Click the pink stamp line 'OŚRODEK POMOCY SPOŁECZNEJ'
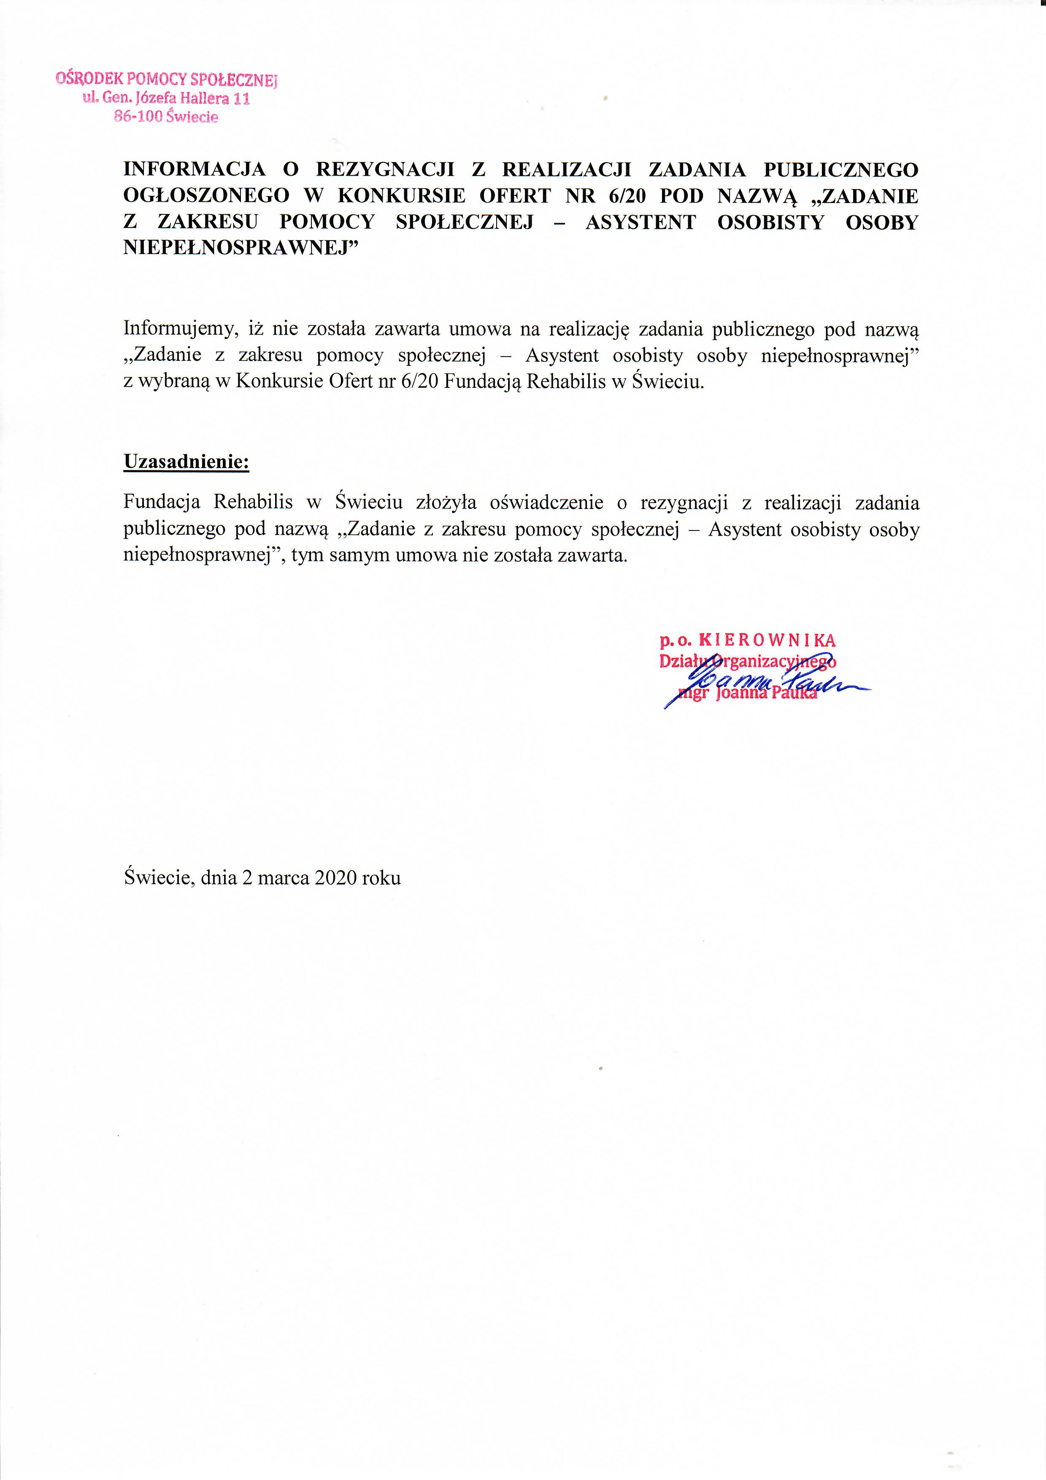pos(166,79)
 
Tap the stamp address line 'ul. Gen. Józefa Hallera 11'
pos(166,99)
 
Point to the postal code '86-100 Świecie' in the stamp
pos(166,116)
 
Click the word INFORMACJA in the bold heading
pos(194,170)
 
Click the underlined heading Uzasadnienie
pos(186,462)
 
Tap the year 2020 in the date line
pos(336,877)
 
